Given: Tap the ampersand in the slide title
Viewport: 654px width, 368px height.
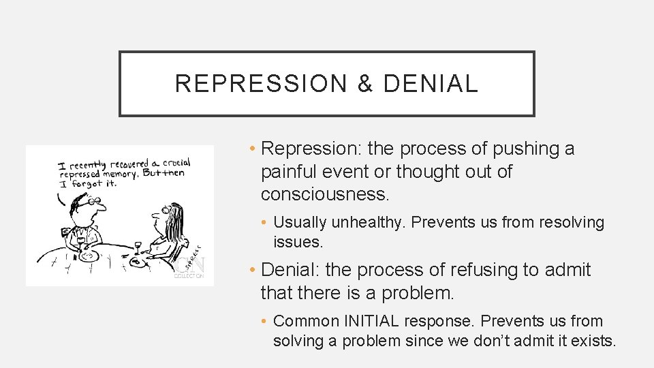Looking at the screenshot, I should tap(365, 84).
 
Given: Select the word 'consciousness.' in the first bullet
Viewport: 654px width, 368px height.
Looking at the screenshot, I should tap(326, 194).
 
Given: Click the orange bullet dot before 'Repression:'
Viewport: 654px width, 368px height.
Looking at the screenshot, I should tap(252, 149).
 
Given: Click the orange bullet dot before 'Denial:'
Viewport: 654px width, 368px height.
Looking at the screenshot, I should tap(252, 271).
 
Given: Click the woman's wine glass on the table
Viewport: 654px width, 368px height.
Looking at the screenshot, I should tap(137, 246).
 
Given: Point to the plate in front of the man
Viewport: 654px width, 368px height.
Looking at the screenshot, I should tap(89, 257).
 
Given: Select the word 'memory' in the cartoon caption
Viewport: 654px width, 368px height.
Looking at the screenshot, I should tap(123, 174).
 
